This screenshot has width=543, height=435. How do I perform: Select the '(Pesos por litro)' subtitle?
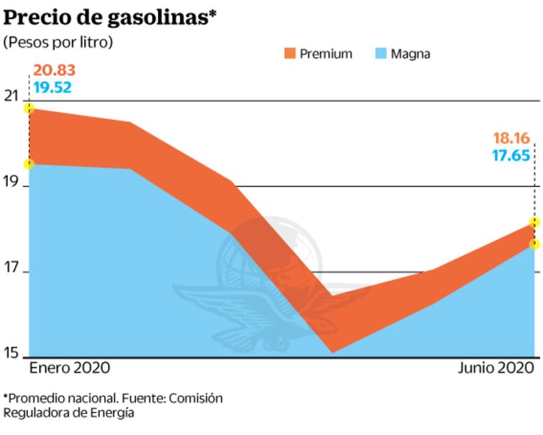pyautogui.click(x=58, y=42)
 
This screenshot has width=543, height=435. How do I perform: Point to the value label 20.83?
pyautogui.click(x=54, y=71)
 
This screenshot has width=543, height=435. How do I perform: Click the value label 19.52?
pyautogui.click(x=53, y=88)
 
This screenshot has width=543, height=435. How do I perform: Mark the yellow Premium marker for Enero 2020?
pyautogui.click(x=29, y=108)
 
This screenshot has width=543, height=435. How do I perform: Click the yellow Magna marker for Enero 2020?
pyautogui.click(x=29, y=164)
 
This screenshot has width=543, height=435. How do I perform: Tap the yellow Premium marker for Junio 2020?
pyautogui.click(x=535, y=222)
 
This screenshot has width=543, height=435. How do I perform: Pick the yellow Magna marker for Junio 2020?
pyautogui.click(x=535, y=244)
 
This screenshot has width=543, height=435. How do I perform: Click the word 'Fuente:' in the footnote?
pyautogui.click(x=140, y=398)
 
